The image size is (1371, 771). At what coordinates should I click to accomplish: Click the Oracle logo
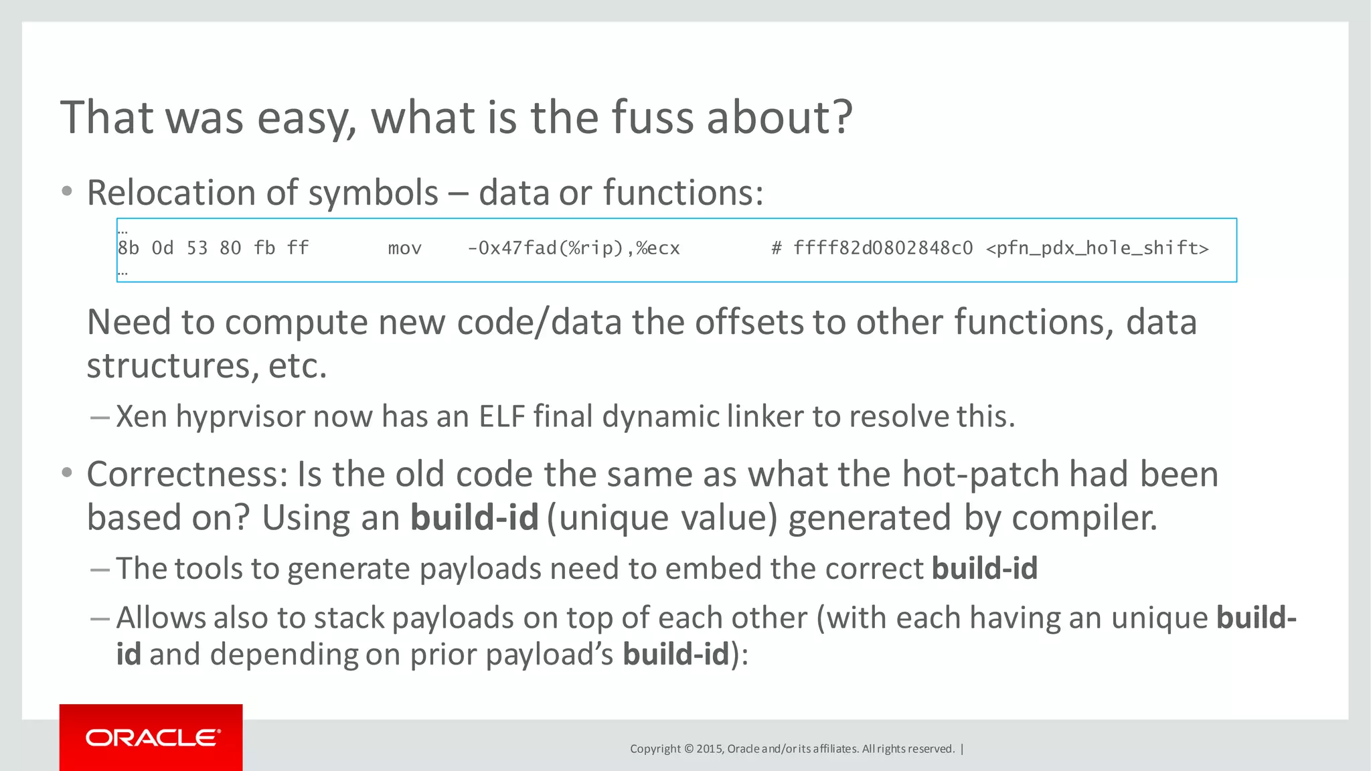point(152,738)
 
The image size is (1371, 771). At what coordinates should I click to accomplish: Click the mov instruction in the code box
point(404,249)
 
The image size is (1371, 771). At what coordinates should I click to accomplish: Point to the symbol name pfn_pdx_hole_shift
point(1097,249)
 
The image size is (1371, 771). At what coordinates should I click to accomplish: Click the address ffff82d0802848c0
point(883,249)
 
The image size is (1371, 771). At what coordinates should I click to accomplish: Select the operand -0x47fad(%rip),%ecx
point(573,249)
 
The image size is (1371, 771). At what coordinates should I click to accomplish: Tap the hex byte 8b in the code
point(129,249)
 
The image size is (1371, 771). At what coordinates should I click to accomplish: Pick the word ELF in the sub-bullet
point(501,416)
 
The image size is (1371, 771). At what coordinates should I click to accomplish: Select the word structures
point(169,366)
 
